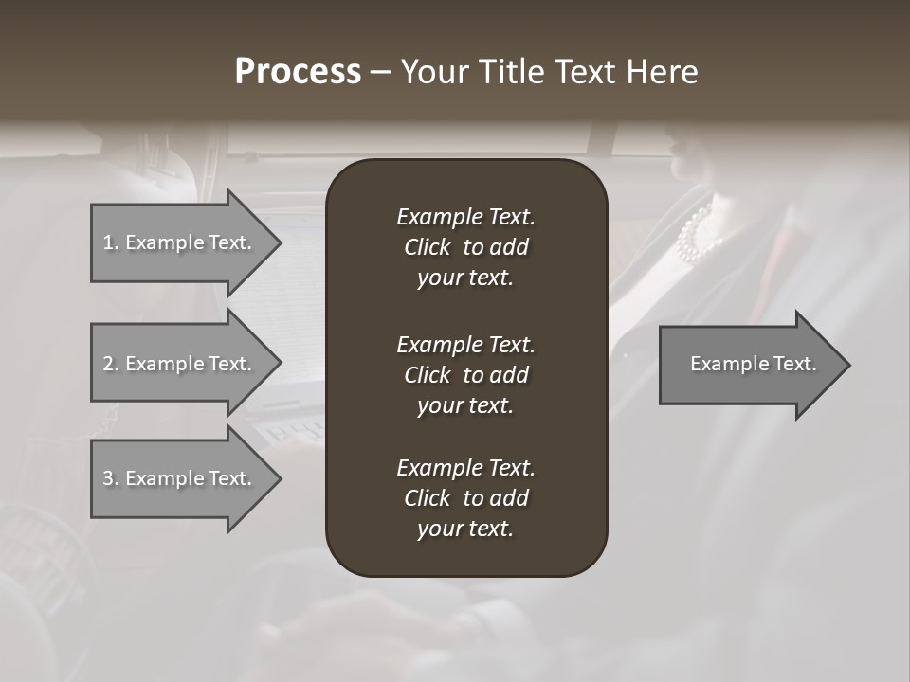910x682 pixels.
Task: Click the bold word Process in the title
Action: [x=298, y=72]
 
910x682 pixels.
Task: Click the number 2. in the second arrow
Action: [x=111, y=364]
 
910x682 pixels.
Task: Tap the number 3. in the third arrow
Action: [x=111, y=478]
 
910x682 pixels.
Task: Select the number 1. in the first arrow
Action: [x=110, y=242]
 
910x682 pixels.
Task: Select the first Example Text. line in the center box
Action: [x=465, y=217]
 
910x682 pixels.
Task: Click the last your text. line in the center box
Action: [x=465, y=529]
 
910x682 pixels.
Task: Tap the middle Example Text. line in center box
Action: [x=465, y=344]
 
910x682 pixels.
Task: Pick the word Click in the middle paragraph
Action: [x=428, y=375]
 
